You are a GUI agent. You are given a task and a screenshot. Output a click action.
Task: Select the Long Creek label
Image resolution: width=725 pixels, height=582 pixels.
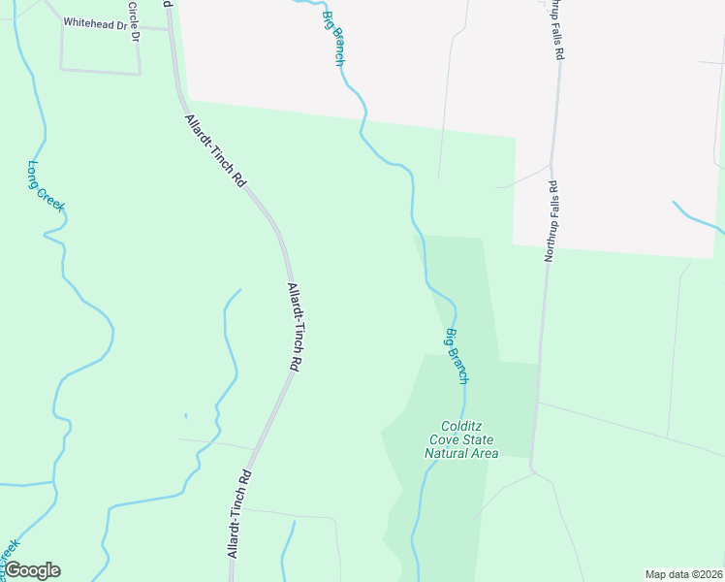coord(46,186)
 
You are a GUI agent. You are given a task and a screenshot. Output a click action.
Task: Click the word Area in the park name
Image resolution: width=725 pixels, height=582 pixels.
coord(484,453)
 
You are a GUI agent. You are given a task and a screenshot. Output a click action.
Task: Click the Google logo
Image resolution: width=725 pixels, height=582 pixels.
coord(32,570)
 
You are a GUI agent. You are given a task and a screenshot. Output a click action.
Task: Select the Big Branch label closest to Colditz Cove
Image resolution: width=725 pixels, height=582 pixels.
coord(457,355)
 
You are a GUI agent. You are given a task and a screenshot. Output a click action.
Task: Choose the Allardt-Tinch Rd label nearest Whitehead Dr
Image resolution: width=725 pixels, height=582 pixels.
coord(215,151)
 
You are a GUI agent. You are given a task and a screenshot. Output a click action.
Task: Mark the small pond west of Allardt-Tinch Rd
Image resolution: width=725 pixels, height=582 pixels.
coord(185,417)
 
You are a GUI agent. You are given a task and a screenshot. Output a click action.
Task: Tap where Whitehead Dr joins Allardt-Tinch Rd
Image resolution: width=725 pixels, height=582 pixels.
coord(171,29)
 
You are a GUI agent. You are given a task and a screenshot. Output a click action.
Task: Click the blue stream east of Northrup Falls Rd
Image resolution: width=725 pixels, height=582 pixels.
coord(698,217)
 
